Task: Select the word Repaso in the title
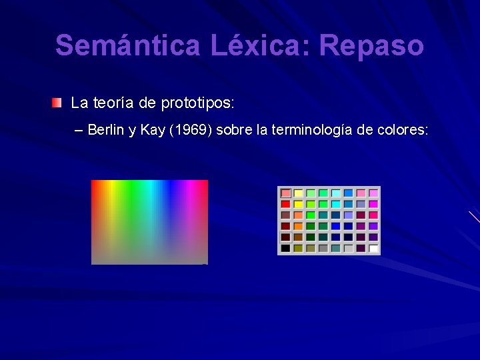click(x=371, y=46)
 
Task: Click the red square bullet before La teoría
click(x=57, y=103)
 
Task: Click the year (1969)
click(x=191, y=129)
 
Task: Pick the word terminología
click(x=312, y=129)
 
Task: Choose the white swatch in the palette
click(x=374, y=248)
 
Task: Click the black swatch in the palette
click(x=285, y=248)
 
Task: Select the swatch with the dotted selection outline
click(x=285, y=237)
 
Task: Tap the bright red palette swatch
click(x=285, y=204)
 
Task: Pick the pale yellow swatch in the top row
click(x=298, y=193)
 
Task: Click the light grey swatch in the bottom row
click(x=349, y=248)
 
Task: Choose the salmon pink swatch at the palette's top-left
click(x=285, y=193)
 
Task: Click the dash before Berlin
click(x=80, y=129)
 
